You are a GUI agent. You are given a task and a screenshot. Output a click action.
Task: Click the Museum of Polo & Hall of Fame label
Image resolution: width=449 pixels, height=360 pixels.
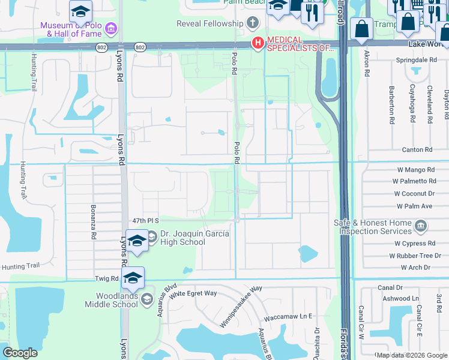71,28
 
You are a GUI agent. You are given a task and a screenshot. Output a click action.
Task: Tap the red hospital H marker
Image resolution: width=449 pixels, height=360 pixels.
258,43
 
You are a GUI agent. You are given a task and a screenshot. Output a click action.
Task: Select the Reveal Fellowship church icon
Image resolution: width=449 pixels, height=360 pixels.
253,24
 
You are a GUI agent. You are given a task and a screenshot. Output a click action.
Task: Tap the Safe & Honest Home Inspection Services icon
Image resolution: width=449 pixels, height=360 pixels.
421,227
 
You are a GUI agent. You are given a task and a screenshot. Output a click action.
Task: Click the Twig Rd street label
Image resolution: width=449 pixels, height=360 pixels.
107,278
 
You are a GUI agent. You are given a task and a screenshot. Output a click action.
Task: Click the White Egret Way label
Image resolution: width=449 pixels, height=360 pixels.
193,293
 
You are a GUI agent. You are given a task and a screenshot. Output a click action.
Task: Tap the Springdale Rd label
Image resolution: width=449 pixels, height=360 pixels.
417,61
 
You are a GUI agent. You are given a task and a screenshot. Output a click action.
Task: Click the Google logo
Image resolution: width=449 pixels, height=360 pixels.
20,353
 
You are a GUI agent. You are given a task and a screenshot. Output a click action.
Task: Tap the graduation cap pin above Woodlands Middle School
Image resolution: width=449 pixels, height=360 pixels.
133,277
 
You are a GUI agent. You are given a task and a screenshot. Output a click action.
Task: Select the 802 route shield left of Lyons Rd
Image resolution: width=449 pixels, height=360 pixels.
101,47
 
